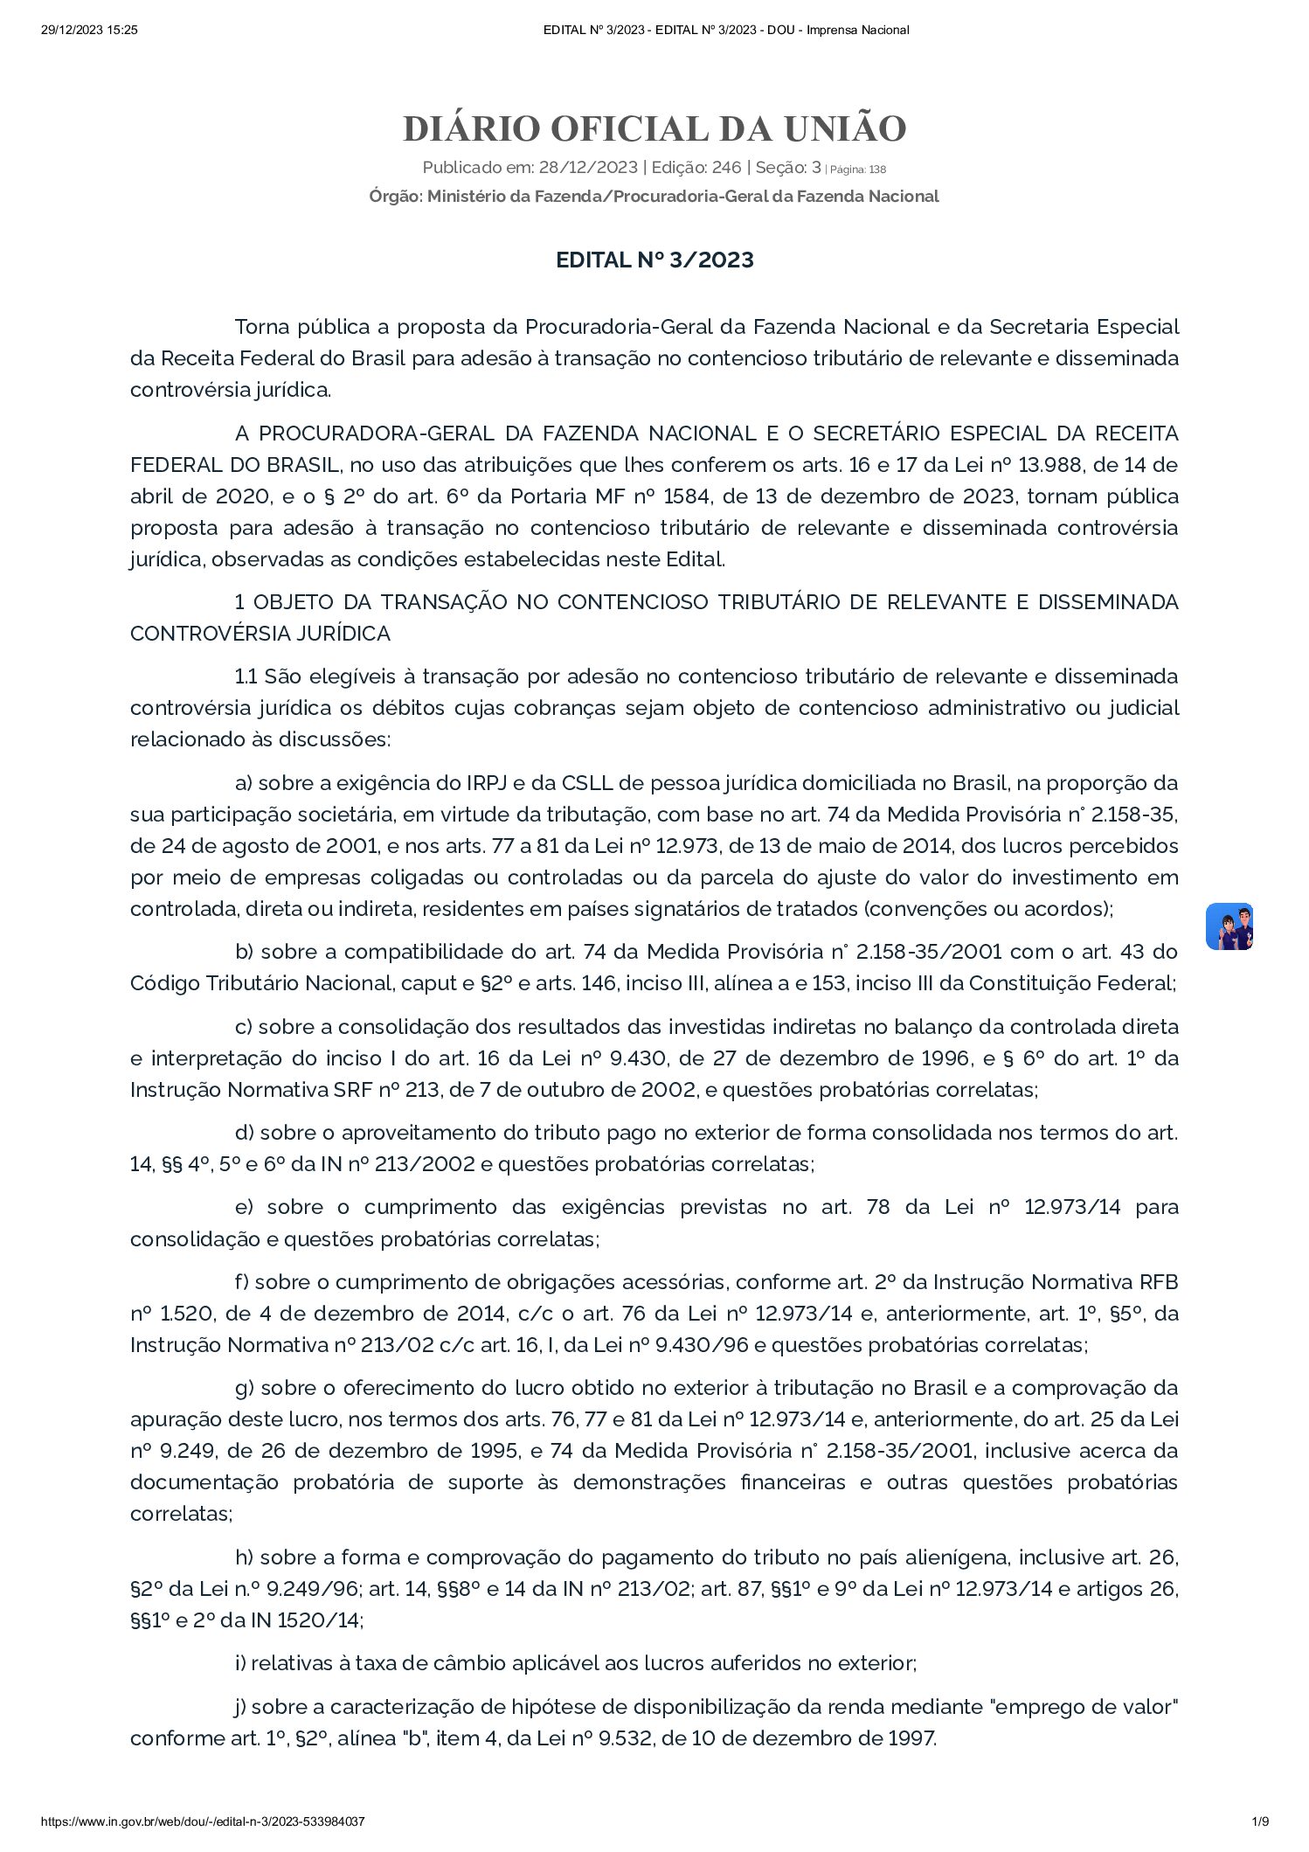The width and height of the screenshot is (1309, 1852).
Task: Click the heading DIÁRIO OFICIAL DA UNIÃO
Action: pos(654,129)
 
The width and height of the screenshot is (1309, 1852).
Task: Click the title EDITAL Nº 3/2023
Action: pos(654,260)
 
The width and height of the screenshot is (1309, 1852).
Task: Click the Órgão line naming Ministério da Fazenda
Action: pos(654,197)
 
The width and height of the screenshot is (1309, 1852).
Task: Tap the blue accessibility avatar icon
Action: pos(1229,926)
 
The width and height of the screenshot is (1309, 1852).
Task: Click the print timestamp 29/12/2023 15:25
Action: pos(90,31)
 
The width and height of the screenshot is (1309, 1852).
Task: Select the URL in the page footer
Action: pos(203,1821)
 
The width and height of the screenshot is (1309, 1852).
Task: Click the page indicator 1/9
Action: pos(1259,1821)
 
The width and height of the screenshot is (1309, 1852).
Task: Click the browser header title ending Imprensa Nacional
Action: pos(726,31)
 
